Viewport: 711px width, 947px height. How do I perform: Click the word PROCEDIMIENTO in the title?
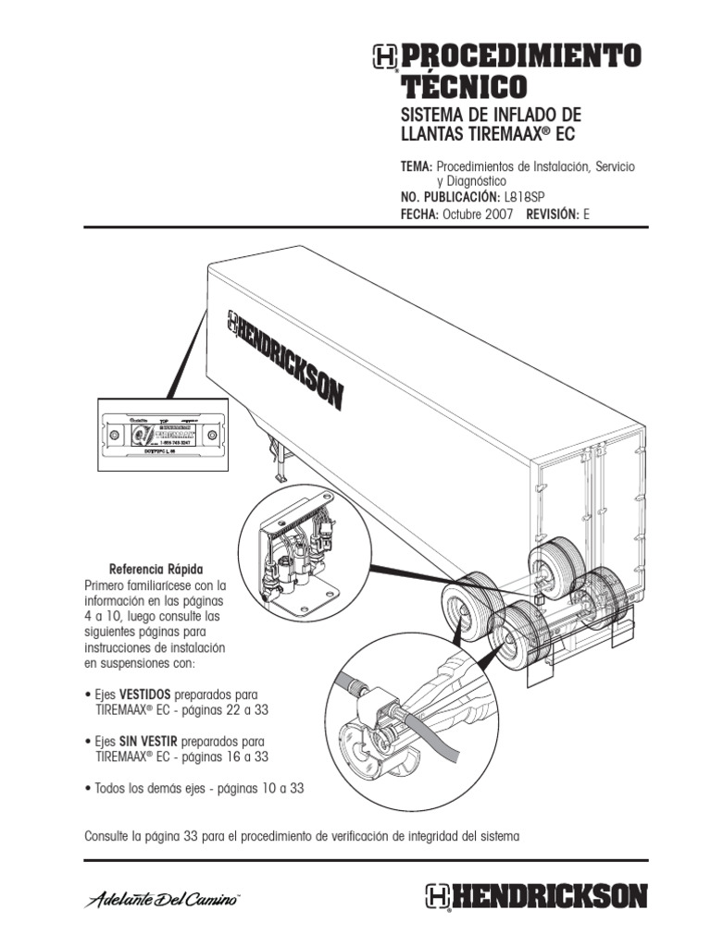click(x=519, y=56)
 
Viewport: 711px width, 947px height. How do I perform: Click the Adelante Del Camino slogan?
click(x=163, y=898)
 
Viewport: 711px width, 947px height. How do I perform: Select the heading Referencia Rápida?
click(x=156, y=568)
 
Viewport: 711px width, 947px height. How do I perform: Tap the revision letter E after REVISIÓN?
click(x=585, y=214)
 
